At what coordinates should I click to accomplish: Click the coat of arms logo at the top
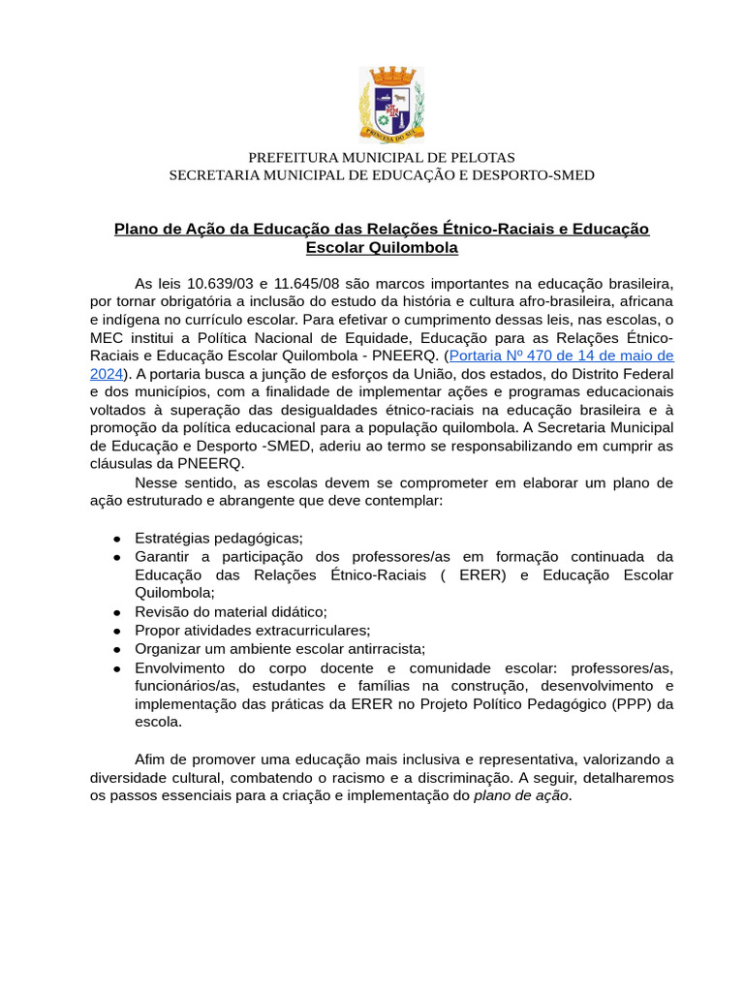point(391,104)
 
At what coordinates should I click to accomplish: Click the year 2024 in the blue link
point(107,373)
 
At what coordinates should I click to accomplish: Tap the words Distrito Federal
point(617,373)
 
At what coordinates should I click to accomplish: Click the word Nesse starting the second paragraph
point(157,482)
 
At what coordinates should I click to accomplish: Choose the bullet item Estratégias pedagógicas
point(219,538)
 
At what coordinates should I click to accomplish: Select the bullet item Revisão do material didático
point(231,611)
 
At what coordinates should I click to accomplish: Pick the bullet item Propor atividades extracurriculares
point(252,630)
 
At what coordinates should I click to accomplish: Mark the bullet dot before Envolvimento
point(116,667)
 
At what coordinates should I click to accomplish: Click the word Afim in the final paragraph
point(152,759)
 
